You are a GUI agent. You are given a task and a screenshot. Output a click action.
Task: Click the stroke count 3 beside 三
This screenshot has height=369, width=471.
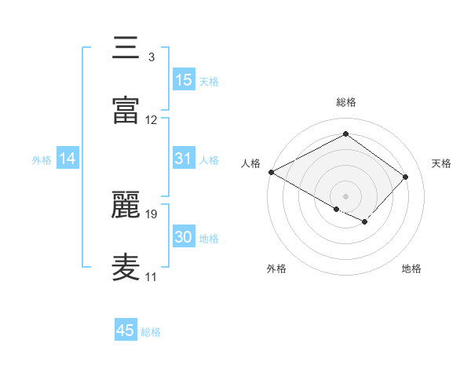coord(151,57)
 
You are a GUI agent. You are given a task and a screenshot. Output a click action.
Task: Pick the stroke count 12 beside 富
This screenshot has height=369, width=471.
coord(152,120)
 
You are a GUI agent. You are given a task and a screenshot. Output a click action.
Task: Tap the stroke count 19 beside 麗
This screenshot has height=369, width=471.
coord(152,214)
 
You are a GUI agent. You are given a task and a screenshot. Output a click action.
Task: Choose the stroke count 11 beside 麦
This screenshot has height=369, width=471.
coord(151,276)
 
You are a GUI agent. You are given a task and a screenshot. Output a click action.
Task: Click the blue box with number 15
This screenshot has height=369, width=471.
coord(184,80)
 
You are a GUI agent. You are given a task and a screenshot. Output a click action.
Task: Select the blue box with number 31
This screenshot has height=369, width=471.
coord(184,159)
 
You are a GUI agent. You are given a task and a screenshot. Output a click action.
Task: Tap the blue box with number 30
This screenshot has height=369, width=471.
coord(184,237)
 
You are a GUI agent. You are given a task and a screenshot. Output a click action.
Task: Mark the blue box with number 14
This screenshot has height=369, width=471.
coord(68,159)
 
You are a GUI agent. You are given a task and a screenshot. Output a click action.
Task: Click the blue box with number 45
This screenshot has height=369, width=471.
coord(126,331)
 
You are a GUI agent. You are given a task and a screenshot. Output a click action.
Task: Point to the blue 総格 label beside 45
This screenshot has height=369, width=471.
coord(151,332)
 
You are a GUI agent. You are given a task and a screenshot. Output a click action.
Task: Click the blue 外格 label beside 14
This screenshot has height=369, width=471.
coord(42,160)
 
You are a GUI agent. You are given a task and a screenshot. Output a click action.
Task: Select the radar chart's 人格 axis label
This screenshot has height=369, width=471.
coord(250,163)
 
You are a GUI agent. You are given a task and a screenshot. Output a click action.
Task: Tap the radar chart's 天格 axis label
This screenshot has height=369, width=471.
coord(441,163)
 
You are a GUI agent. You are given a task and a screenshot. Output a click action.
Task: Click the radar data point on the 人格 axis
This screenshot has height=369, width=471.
coord(271,172)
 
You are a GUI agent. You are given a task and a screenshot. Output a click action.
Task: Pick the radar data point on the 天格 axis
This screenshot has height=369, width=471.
coord(406,177)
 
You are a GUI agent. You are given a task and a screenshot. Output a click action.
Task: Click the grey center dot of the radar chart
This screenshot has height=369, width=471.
coord(345,195)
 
